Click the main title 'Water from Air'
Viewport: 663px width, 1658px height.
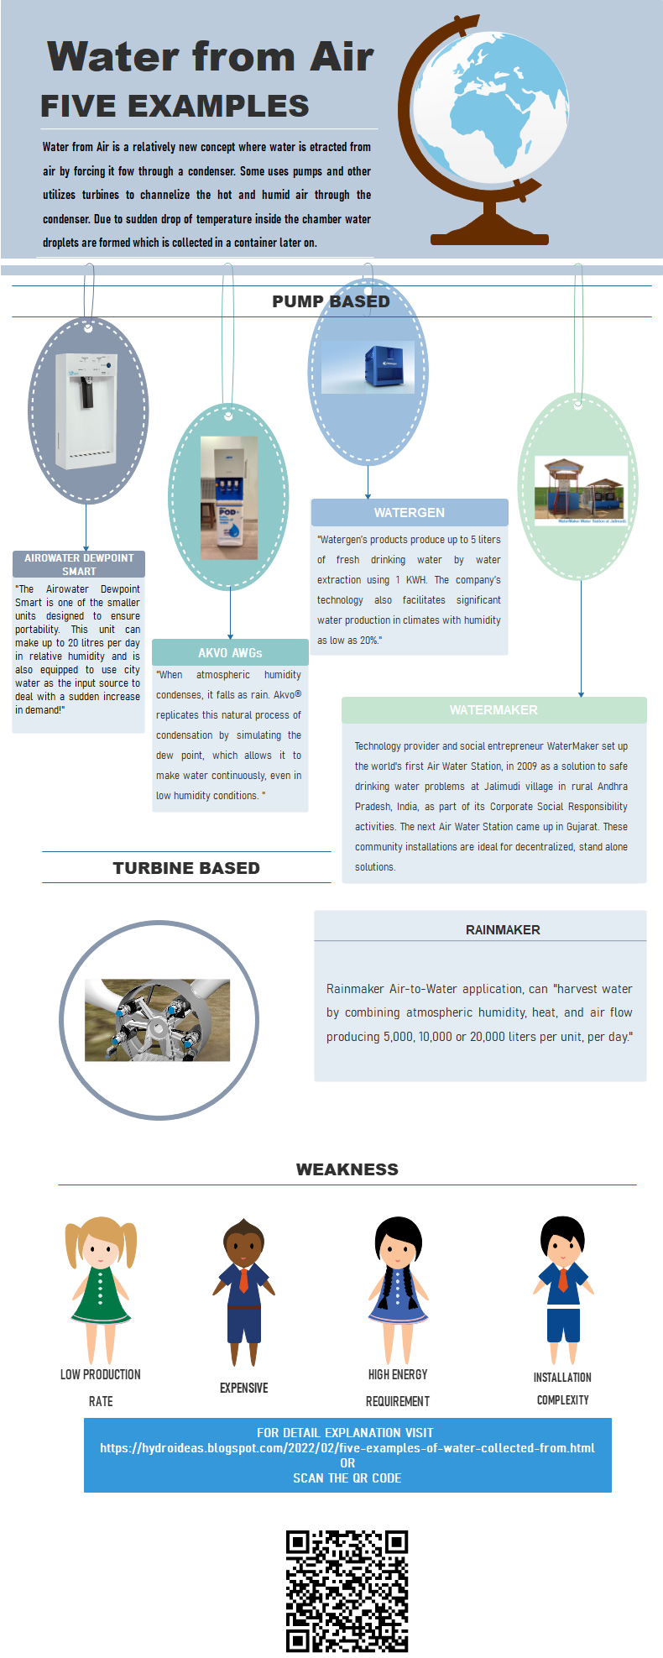tap(211, 57)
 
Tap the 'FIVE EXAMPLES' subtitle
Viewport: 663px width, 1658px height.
tap(175, 107)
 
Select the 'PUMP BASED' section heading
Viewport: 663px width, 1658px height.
tap(331, 301)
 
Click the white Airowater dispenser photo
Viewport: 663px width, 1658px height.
tap(86, 411)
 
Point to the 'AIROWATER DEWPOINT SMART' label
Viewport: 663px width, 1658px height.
tap(79, 564)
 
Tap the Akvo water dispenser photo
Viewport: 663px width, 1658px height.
tap(229, 497)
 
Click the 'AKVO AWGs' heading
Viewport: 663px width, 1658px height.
tap(230, 652)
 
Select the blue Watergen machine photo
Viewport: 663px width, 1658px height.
tap(368, 367)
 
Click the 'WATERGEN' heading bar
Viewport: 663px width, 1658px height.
tap(410, 513)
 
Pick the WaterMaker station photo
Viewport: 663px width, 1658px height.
tap(580, 491)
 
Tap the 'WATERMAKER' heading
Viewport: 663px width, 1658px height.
tap(493, 710)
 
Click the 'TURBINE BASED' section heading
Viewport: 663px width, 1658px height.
tap(186, 868)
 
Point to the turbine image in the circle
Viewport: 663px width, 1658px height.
tap(158, 1020)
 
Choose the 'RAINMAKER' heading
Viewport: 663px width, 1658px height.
tap(503, 930)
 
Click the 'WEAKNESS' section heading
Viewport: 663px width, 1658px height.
tap(347, 1169)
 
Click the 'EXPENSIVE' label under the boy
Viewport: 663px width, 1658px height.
tap(244, 1388)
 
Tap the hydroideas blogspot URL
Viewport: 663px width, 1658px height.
tap(347, 1448)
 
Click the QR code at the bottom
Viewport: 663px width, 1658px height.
tap(347, 1591)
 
